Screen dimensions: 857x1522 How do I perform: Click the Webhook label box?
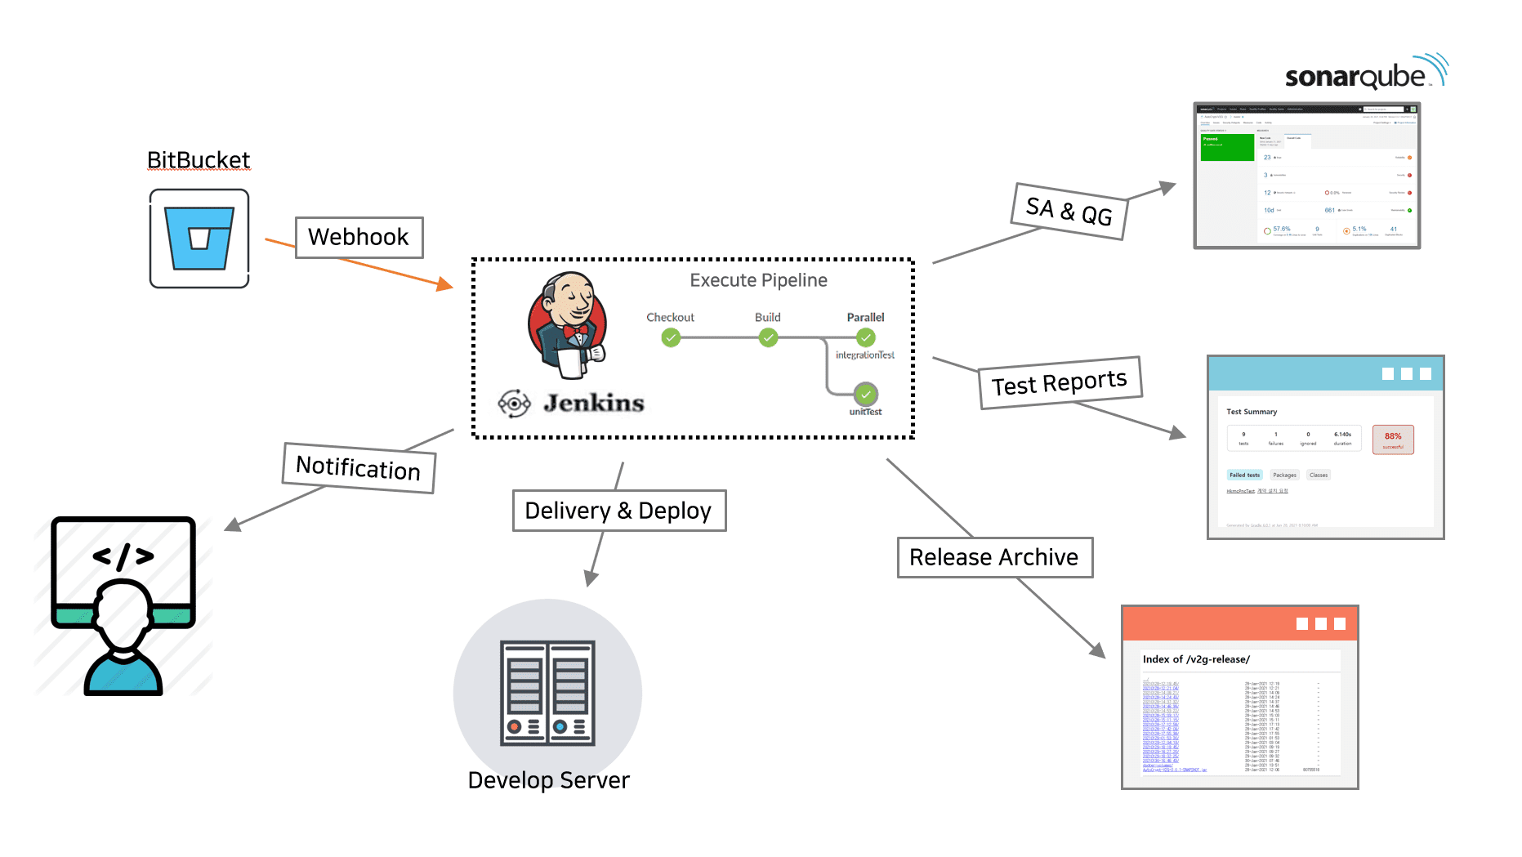tap(359, 238)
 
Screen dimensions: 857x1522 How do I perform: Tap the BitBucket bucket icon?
tap(199, 238)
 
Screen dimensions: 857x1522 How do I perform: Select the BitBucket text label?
tap(199, 160)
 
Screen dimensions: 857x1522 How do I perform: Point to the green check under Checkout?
tap(671, 337)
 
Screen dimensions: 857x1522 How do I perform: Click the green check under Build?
tap(768, 337)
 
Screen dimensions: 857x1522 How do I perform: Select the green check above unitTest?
tap(866, 395)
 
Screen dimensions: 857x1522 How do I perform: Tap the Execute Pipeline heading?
tap(758, 280)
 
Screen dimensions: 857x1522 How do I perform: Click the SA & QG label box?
tap(1069, 212)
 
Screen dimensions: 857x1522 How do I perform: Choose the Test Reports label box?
tap(1060, 382)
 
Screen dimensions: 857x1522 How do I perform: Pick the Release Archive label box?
tap(994, 557)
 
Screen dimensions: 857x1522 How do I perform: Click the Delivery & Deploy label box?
tap(618, 511)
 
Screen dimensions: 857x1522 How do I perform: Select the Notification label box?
tap(359, 468)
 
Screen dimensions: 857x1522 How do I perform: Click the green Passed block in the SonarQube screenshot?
tap(1227, 147)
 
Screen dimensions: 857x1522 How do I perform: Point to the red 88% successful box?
tap(1393, 440)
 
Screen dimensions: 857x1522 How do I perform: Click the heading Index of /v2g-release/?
tap(1196, 659)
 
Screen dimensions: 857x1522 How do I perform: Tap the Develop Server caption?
tap(548, 780)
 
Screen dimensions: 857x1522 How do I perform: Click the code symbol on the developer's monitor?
tap(123, 556)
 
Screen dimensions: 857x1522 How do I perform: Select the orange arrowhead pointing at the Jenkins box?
tap(444, 284)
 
